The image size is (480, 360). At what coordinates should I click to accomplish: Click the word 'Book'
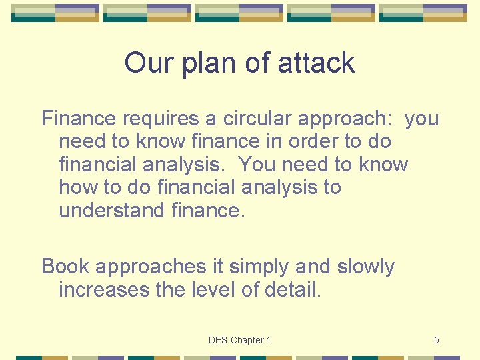(66, 267)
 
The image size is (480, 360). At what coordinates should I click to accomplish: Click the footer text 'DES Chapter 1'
(239, 340)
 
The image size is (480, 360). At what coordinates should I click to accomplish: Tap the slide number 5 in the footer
(437, 340)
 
